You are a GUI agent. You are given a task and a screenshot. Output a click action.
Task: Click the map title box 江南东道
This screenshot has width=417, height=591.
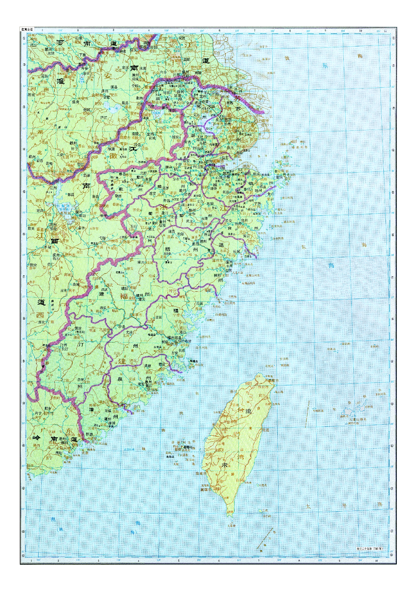coord(27,29)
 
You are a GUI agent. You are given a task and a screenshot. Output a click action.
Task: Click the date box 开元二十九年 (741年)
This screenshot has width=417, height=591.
coord(370,549)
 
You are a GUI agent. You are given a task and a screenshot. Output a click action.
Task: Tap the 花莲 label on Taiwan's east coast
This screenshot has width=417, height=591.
coord(266,430)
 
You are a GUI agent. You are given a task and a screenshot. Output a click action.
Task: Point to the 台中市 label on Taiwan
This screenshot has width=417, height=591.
coord(232,422)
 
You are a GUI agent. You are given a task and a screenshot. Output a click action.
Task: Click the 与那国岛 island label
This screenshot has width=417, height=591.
coord(318,410)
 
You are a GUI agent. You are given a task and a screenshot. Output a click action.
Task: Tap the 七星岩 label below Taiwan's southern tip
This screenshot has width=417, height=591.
coord(232,525)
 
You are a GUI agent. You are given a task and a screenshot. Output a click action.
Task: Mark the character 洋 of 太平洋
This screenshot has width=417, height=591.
coord(380,504)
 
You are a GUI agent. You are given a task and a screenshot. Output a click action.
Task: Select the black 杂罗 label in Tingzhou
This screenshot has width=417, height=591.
coord(81,379)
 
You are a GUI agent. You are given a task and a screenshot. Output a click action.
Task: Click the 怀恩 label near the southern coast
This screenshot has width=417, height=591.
coord(89,435)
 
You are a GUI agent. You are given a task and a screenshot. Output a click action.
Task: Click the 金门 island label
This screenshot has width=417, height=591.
coord(137,407)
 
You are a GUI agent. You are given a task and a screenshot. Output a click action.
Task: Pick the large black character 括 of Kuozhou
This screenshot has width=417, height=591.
coord(167,249)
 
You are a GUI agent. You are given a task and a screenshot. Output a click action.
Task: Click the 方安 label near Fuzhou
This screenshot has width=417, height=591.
coord(175,352)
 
